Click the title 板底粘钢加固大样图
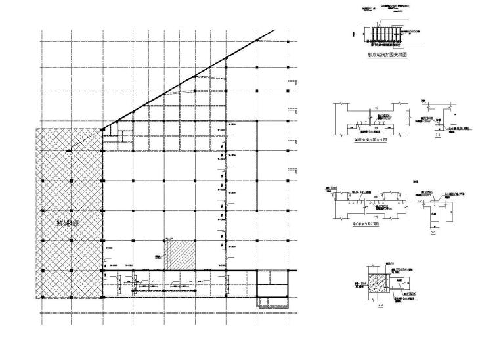[x=387, y=56]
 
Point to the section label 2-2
[x=433, y=232]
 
